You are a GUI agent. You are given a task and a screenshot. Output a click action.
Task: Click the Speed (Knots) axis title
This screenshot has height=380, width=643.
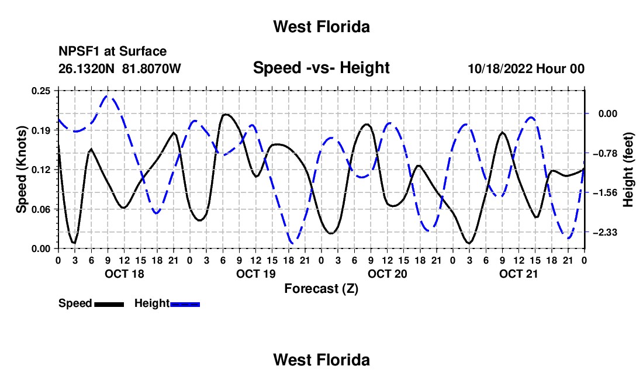[x=21, y=170]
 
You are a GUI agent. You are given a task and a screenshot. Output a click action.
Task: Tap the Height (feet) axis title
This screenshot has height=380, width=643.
[x=628, y=170]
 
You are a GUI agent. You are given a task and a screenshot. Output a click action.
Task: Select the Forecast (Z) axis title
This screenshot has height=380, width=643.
[x=321, y=289]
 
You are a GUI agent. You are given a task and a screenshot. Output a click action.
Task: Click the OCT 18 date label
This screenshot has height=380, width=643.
[x=125, y=274]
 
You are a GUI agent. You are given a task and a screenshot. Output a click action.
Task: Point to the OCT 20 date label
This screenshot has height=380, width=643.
[x=387, y=274]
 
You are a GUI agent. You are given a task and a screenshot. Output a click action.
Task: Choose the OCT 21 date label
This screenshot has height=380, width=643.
[x=518, y=274]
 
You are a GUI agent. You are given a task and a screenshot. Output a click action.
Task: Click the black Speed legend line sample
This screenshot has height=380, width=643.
[x=109, y=304]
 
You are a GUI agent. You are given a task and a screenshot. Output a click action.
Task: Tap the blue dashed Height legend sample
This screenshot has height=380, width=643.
[x=185, y=304]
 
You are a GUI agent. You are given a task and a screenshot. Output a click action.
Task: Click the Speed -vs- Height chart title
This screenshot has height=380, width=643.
[x=321, y=68]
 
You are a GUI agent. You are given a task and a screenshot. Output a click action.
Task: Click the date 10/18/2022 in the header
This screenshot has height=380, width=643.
[x=500, y=68]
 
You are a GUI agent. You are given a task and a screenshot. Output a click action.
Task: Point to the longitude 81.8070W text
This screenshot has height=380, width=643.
[x=151, y=68]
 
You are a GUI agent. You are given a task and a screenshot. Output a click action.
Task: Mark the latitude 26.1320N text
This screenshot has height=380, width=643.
[x=87, y=68]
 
